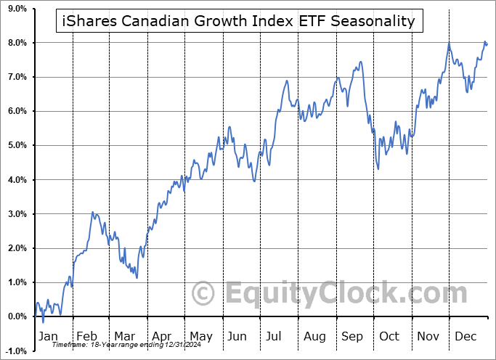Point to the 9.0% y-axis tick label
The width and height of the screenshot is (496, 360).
click(16, 9)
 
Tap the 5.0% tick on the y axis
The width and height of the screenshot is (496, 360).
click(16, 145)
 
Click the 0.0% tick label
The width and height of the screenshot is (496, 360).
click(16, 316)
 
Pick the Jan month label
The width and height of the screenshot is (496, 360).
click(48, 336)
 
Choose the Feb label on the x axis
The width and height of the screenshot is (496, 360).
click(87, 336)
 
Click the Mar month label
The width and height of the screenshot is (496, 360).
click(125, 336)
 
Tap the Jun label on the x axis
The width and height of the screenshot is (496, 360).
click(237, 336)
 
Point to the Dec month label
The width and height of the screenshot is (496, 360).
click(466, 336)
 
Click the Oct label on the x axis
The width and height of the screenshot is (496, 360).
click(389, 336)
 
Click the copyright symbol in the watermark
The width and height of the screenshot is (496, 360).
click(203, 294)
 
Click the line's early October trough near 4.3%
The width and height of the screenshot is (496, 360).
click(378, 169)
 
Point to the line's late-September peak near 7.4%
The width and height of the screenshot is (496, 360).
click(359, 62)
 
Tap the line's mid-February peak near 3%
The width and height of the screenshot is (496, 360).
click(92, 213)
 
